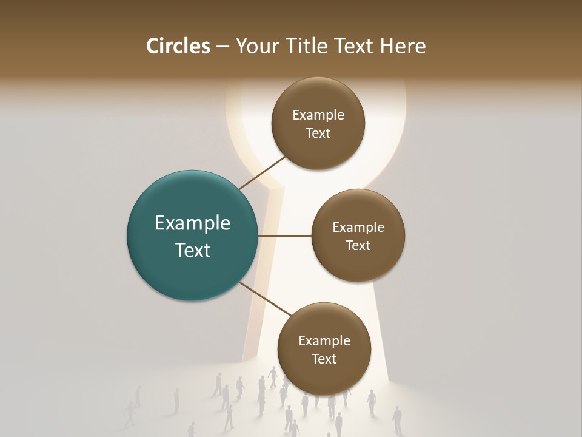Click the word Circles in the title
point(178,46)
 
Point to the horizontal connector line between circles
point(285,235)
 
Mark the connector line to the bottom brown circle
point(265,300)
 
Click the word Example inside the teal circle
point(192,223)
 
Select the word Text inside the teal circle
point(192,250)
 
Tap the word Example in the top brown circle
point(318,115)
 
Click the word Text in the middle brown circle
point(358,246)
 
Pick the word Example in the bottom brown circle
point(324,341)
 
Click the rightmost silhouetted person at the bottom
point(397,419)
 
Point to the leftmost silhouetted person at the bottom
point(129,413)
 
